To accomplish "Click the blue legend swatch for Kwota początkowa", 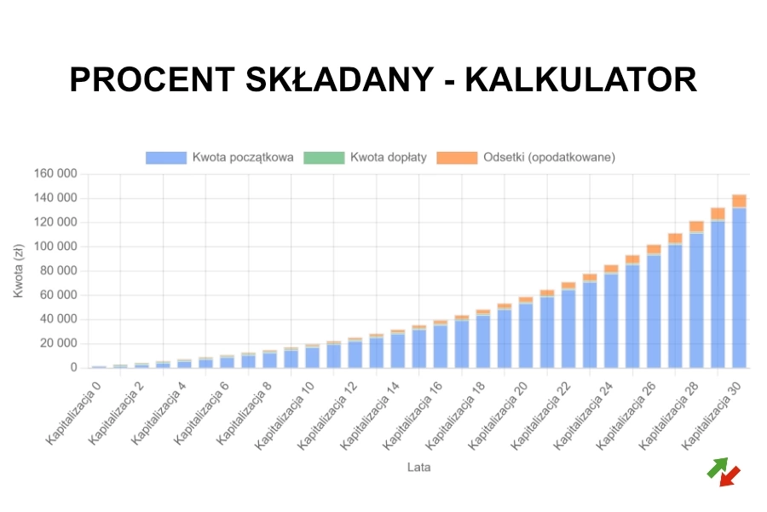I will (165, 157).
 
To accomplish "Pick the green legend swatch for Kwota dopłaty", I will (324, 157).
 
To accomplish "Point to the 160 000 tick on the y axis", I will (55, 174).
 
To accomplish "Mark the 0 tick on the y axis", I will (73, 368).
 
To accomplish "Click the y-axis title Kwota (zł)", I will (19, 269).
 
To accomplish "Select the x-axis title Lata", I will (418, 467).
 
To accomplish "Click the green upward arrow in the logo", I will (718, 467).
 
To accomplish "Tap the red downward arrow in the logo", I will (730, 477).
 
